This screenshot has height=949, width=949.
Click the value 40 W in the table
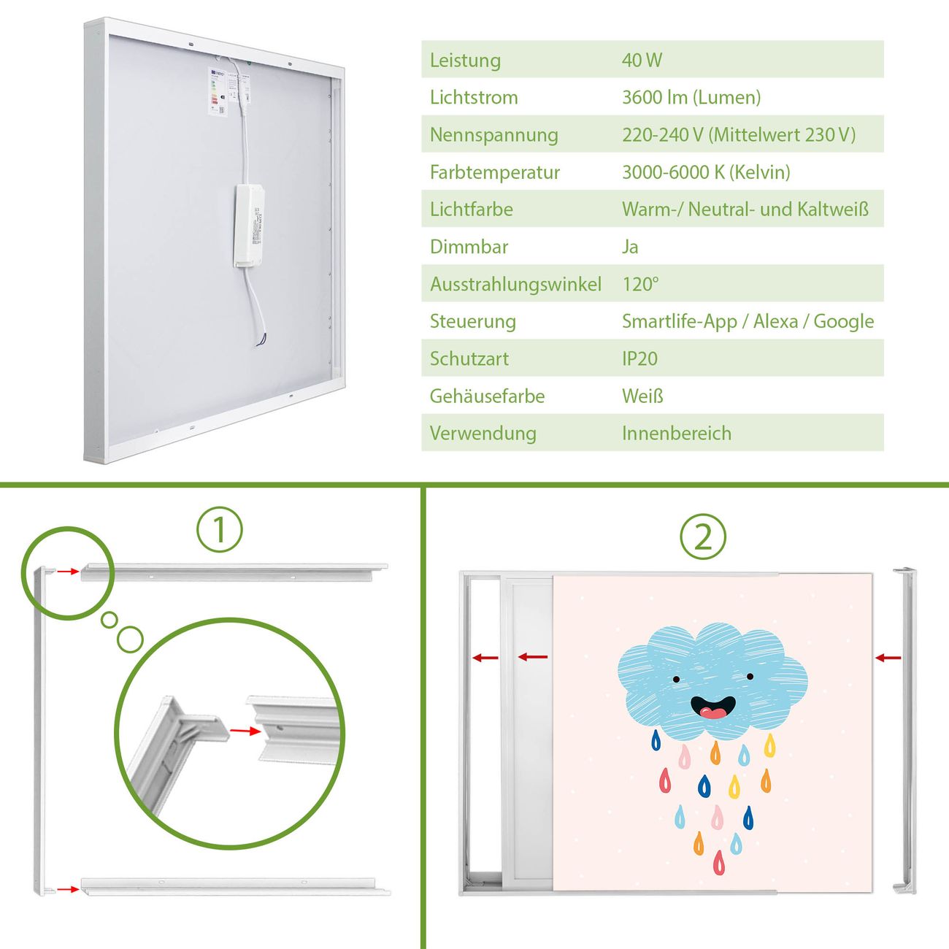click(x=642, y=60)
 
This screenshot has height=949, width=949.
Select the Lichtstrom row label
click(x=474, y=98)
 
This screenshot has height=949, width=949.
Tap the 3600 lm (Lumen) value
click(x=691, y=98)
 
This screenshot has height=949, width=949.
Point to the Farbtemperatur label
click(x=495, y=172)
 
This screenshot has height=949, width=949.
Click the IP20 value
click(x=639, y=358)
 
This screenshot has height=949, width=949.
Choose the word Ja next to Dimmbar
click(x=630, y=247)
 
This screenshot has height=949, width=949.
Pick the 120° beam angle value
click(x=640, y=284)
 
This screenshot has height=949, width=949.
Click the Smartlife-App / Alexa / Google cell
click(x=748, y=322)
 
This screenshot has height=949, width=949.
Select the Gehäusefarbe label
click(x=487, y=396)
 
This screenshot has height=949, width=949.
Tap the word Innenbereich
click(x=677, y=434)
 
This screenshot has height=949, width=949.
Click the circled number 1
click(x=220, y=529)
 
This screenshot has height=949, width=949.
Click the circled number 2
click(x=703, y=537)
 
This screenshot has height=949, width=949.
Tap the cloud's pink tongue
click(x=712, y=712)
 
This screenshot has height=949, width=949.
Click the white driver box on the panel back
click(x=249, y=226)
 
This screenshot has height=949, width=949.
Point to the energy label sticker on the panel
click(x=218, y=92)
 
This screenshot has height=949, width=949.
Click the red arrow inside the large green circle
click(x=245, y=731)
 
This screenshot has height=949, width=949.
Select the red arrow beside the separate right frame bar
click(x=888, y=658)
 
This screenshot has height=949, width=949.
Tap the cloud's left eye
click(x=676, y=679)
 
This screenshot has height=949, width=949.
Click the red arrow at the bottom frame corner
click(x=68, y=889)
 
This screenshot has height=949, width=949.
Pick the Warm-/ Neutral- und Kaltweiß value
click(x=745, y=210)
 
